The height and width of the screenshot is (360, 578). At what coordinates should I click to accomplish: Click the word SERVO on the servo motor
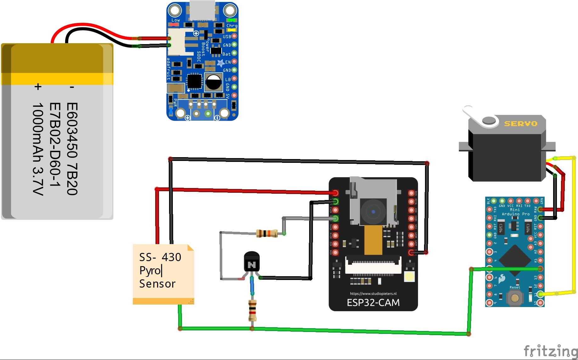pos(520,124)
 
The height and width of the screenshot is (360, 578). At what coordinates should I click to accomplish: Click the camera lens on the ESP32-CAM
pos(373,212)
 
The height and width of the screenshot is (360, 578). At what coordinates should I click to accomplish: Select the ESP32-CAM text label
pos(373,303)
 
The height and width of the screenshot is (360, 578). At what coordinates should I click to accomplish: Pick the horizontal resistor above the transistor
pos(267,233)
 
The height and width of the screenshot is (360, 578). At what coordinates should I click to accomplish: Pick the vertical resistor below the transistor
pos(252,311)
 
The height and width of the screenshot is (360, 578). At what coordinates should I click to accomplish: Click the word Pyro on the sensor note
pos(150,271)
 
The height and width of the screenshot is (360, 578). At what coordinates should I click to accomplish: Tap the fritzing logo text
pos(550,351)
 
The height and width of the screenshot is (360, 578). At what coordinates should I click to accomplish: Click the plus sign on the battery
pos(38,87)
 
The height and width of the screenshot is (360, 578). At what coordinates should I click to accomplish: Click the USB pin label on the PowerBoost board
pos(227,37)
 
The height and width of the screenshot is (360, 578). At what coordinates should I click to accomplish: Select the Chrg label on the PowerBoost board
pos(232,26)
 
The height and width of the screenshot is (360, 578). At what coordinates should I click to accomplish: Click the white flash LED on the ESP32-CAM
pos(409,277)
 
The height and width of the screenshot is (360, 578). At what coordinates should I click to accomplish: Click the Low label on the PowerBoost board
pos(175,20)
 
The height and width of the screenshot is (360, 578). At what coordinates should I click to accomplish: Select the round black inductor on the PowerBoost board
pos(213,82)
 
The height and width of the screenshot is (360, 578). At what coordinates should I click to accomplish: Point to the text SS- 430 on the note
pos(160,257)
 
